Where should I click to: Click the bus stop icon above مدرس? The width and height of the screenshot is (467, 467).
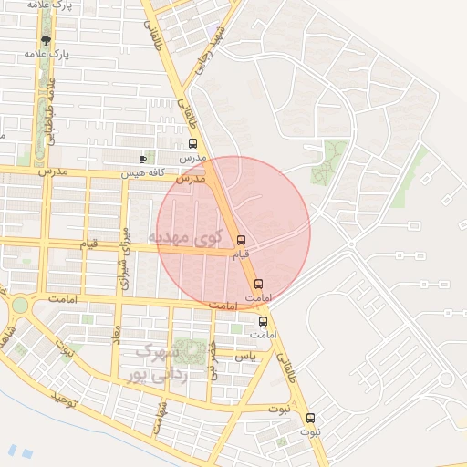coord(192,144)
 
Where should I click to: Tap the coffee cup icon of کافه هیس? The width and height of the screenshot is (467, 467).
coord(142,160)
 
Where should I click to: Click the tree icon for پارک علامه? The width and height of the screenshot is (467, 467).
coord(47,40)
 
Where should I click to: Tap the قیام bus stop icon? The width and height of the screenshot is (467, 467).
coord(241,241)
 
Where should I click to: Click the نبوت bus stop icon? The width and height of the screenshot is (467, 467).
coord(310,418)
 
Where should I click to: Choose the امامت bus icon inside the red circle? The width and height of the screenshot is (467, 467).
coord(259,284)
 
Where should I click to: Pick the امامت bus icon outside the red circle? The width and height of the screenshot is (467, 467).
coord(263,321)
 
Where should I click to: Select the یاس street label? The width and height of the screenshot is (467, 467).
coord(244,356)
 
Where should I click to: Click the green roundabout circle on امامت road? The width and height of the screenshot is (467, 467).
coord(19,305)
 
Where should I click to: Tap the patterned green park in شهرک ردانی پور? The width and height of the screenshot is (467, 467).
coord(191,351)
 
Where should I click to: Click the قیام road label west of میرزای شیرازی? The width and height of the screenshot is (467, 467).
coord(88,244)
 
